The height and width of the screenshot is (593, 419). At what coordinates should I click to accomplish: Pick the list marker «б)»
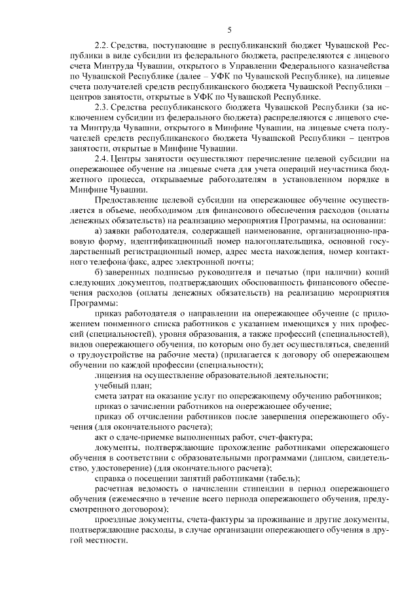pyautogui.click(x=99, y=271)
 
